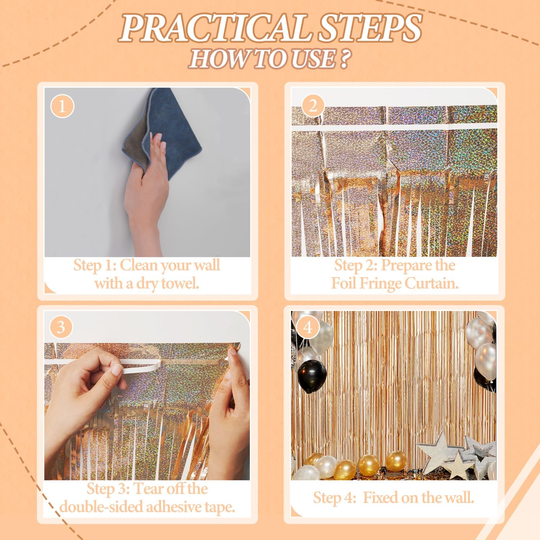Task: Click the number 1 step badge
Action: pyautogui.click(x=62, y=107)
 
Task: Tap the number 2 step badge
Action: pyautogui.click(x=312, y=106)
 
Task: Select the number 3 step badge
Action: pyautogui.click(x=61, y=327)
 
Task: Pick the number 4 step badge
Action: pyautogui.click(x=307, y=328)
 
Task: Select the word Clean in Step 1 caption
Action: pyautogui.click(x=139, y=265)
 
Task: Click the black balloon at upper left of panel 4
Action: pyautogui.click(x=312, y=373)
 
